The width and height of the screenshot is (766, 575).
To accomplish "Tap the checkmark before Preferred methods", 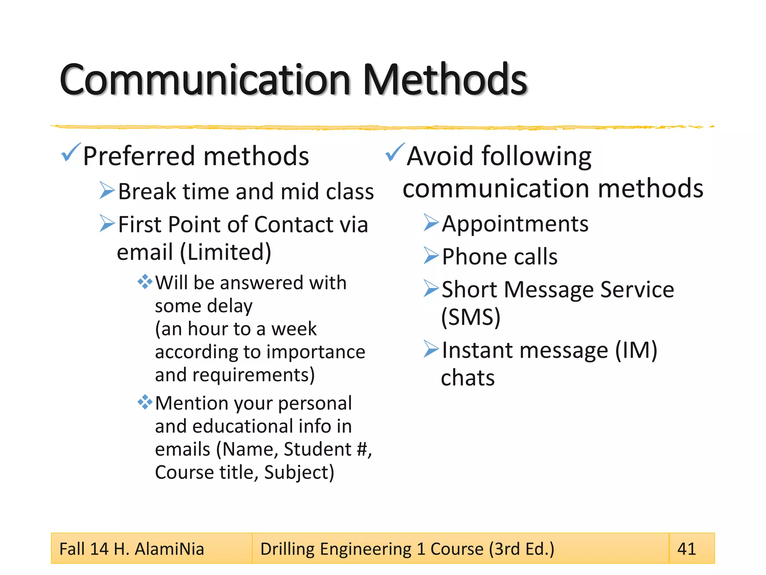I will point(70,152).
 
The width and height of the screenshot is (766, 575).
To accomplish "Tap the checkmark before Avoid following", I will point(395,152).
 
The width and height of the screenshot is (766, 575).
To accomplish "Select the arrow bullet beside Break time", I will point(107,191).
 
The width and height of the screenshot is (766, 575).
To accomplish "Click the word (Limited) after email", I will point(226,252).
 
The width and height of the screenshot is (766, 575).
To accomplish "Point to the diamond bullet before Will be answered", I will point(145,282).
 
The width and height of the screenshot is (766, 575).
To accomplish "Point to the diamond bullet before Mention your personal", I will point(145,402).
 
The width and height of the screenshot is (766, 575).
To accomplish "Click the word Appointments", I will point(515,224).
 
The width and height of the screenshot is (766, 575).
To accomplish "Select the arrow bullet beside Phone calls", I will point(431,256).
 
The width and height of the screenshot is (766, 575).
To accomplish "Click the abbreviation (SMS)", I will point(471,317).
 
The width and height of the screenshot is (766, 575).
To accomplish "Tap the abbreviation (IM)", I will point(636,350).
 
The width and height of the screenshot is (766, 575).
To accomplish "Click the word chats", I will point(468,378).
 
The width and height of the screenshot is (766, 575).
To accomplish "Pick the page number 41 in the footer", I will point(687,549).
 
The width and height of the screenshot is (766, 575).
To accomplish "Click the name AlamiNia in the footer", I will point(169,549).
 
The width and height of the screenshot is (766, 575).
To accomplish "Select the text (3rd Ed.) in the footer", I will point(522,549).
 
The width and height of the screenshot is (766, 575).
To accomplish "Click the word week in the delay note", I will point(294,329).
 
